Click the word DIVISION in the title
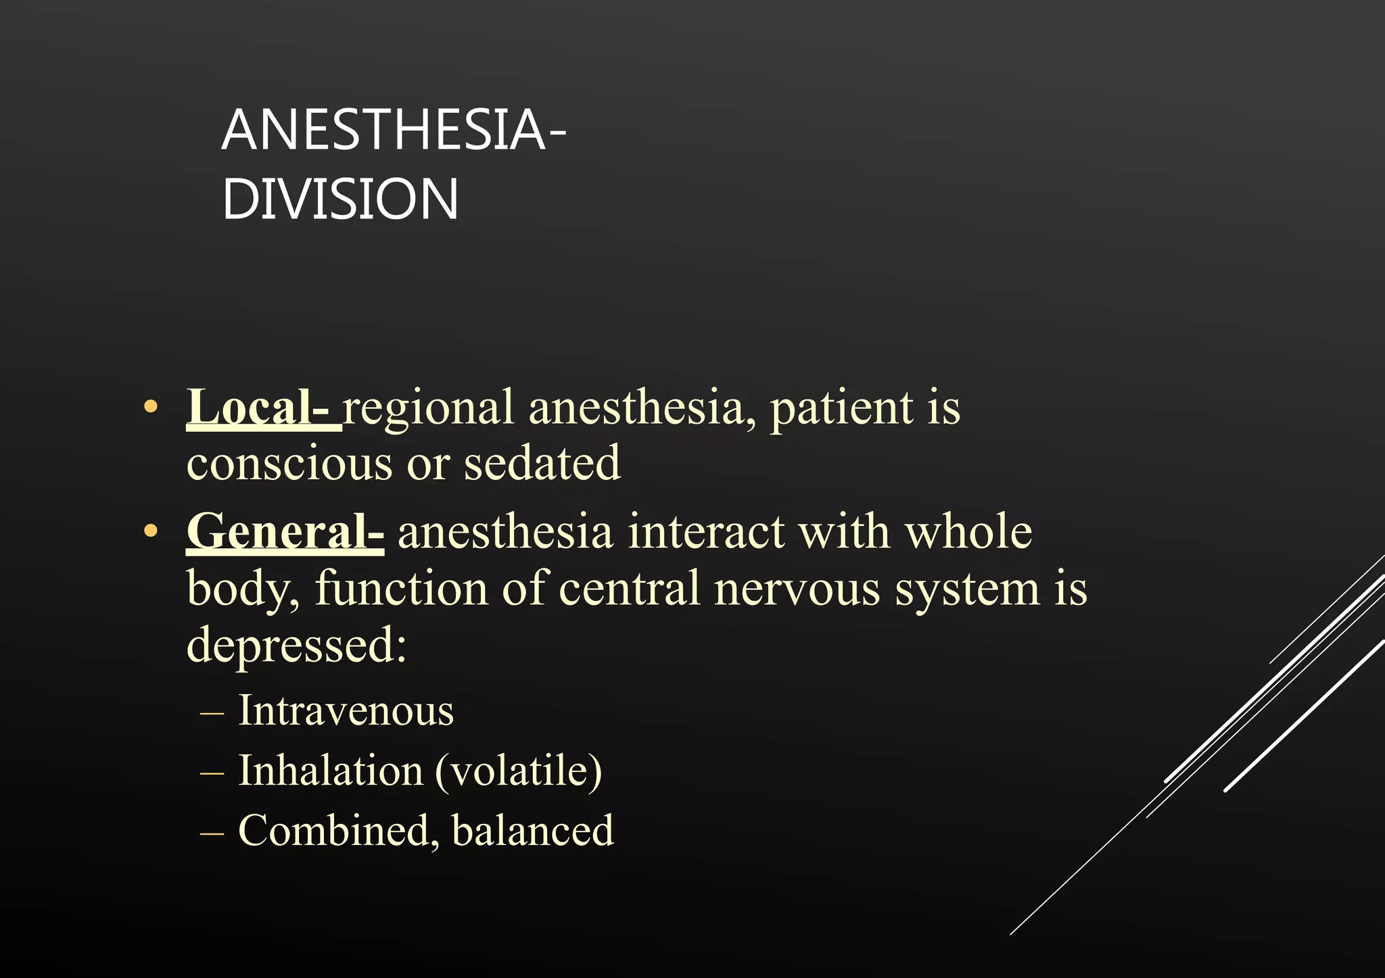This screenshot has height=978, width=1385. [x=340, y=199]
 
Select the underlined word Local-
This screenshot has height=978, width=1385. [x=263, y=408]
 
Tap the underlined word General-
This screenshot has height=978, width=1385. [x=285, y=532]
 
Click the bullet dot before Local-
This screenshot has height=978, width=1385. [x=151, y=408]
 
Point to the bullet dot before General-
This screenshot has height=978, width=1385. [x=151, y=532]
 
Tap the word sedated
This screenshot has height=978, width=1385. [x=542, y=464]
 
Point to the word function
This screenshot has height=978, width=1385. [x=401, y=588]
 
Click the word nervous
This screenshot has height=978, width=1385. [x=797, y=588]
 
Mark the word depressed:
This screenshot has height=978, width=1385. [x=296, y=645]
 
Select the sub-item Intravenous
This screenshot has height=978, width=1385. [x=346, y=711]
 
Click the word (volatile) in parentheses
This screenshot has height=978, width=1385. [x=518, y=771]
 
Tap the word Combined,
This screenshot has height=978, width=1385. [x=334, y=830]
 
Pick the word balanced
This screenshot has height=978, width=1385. [x=533, y=830]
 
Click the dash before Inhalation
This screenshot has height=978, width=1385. [x=212, y=772]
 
